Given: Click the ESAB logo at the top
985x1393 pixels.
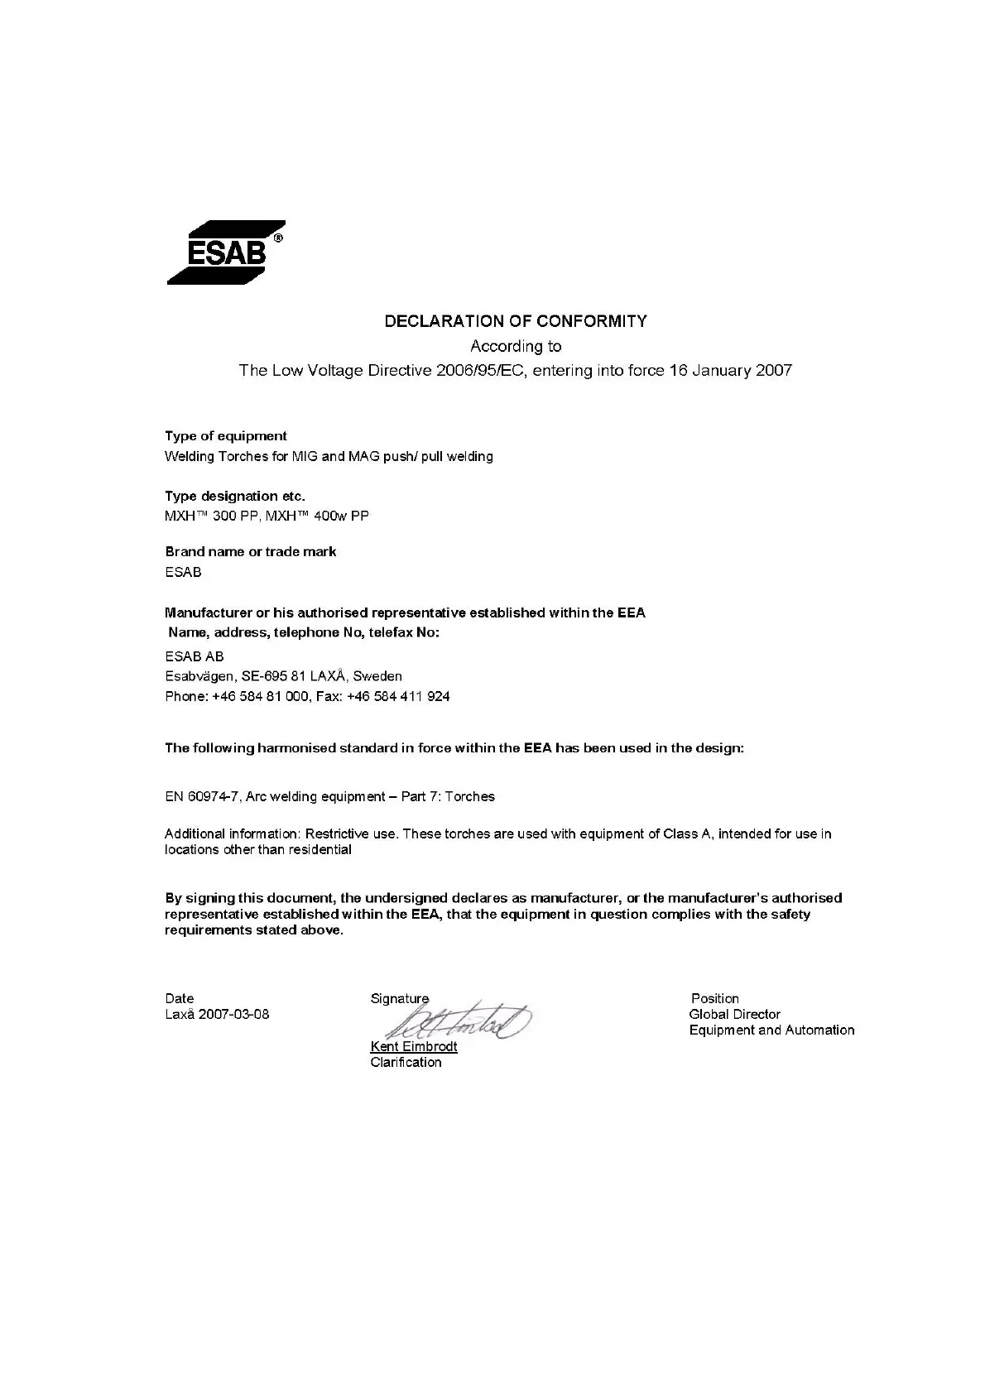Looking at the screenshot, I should [225, 252].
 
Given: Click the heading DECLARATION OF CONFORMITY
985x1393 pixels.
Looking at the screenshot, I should [516, 321].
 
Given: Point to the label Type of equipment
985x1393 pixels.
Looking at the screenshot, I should [226, 436].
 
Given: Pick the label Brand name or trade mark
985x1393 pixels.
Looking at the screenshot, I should [251, 551].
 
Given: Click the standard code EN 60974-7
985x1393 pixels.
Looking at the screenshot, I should [202, 796].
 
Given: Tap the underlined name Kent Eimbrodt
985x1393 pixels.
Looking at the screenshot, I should [414, 1046].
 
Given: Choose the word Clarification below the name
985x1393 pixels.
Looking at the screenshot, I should [406, 1063].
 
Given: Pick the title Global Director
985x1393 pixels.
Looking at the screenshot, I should [734, 1014].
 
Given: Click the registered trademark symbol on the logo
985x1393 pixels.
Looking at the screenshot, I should [278, 238].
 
